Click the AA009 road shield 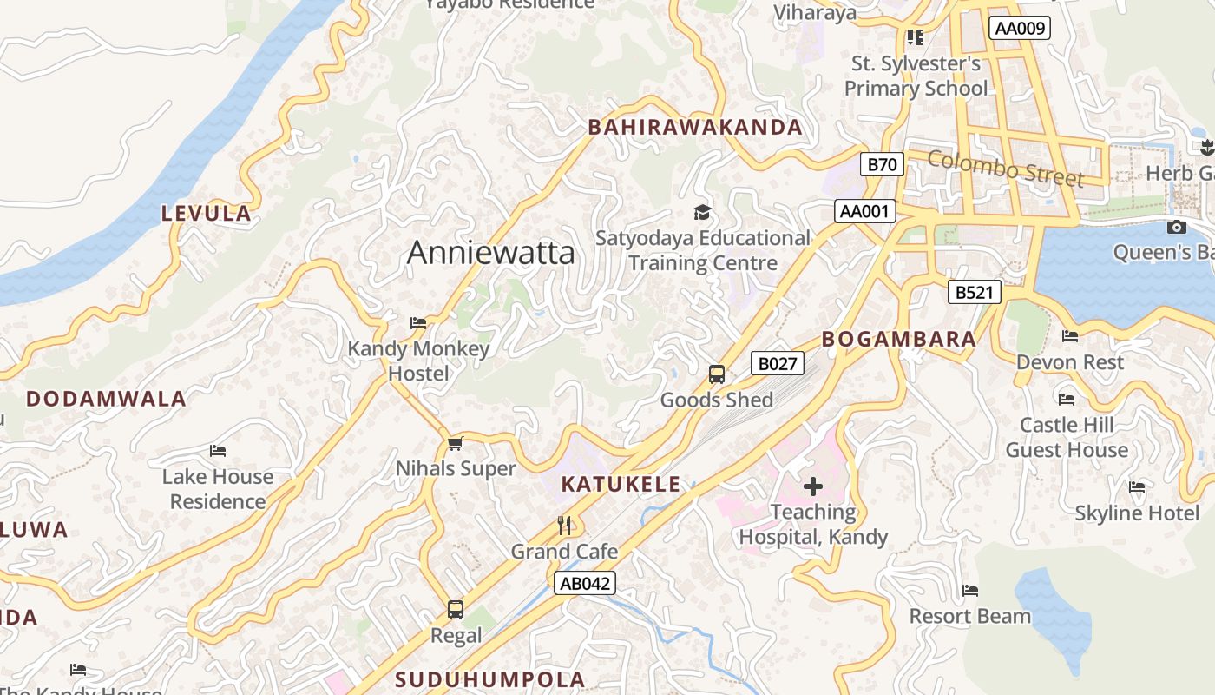coord(1020,28)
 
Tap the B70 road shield coord(882,163)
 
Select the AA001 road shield coord(865,210)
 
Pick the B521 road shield coord(974,292)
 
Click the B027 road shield coord(777,363)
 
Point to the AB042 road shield coord(585,583)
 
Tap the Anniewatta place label coord(490,253)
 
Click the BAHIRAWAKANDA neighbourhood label coord(695,128)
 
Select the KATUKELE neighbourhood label coord(621,485)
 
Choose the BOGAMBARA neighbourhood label coord(899,340)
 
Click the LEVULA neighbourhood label coord(207,214)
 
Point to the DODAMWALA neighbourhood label coord(106,400)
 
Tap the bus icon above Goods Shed coord(717,374)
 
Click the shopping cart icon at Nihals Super coord(455,444)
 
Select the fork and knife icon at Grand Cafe coord(565,525)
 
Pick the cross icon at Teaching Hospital coord(813,486)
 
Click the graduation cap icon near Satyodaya coord(701,212)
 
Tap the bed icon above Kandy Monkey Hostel coord(418,323)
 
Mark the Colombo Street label coord(1006,168)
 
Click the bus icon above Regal coord(456,610)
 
